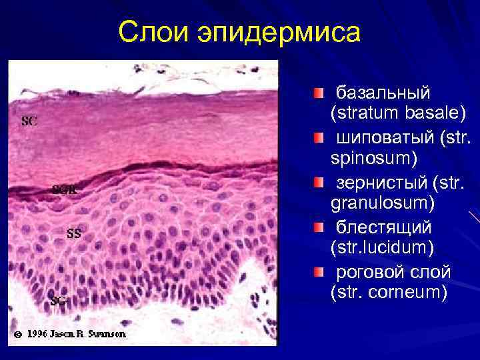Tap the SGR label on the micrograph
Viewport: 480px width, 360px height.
click(x=65, y=189)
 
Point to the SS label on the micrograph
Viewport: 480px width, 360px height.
click(x=74, y=233)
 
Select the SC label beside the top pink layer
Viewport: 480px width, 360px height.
click(x=29, y=121)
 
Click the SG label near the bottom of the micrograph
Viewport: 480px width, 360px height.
click(x=58, y=300)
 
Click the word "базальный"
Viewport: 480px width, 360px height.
click(x=383, y=91)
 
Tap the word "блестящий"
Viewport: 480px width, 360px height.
click(x=383, y=227)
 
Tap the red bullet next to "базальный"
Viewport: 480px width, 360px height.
click(x=321, y=91)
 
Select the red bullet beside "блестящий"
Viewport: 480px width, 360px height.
click(x=321, y=227)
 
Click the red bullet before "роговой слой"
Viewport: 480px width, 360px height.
click(x=321, y=273)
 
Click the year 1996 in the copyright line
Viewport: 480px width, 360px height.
click(x=39, y=333)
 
